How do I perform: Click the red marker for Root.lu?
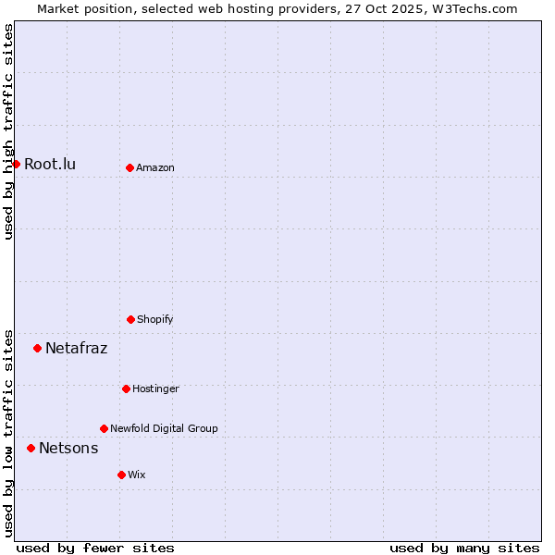click(x=16, y=164)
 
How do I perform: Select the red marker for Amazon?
click(x=129, y=167)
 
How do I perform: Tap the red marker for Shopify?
click(x=130, y=319)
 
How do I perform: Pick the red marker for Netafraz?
click(x=37, y=348)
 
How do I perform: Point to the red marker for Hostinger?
click(x=126, y=388)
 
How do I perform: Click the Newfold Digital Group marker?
click(x=104, y=428)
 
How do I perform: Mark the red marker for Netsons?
click(x=31, y=448)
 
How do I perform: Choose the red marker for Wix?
click(x=121, y=475)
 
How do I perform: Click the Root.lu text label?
click(x=50, y=164)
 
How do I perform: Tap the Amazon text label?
click(x=155, y=167)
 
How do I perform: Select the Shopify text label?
click(x=155, y=319)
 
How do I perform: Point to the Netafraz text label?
click(x=76, y=348)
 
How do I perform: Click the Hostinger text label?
click(x=155, y=388)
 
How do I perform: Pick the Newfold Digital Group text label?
click(x=164, y=428)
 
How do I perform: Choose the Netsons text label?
click(x=68, y=448)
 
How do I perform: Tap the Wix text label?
click(x=137, y=475)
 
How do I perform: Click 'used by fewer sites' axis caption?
click(x=95, y=548)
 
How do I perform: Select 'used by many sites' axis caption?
click(x=464, y=548)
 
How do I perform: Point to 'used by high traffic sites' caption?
click(x=8, y=131)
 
